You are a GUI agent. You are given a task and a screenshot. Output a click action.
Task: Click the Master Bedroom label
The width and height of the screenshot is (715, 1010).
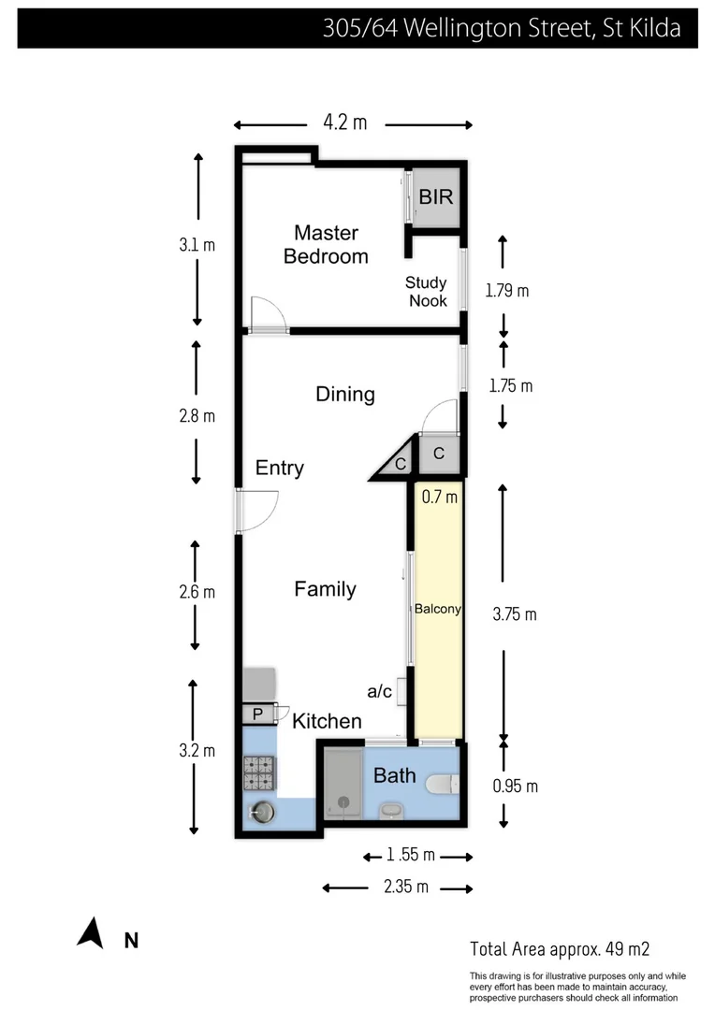(326, 244)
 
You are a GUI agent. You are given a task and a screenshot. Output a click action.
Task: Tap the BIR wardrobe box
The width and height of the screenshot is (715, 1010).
(436, 197)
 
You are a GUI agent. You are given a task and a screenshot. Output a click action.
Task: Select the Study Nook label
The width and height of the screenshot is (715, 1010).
(427, 291)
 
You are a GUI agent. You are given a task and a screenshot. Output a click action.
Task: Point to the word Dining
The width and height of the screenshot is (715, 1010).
(344, 394)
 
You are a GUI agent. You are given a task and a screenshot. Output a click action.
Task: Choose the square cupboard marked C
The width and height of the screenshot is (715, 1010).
(438, 455)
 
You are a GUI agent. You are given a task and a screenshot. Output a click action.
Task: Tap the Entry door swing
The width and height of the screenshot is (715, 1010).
(257, 510)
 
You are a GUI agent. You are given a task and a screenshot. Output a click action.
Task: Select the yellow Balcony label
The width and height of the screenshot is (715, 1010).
(438, 609)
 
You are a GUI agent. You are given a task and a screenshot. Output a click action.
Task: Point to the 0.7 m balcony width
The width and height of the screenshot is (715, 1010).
(439, 498)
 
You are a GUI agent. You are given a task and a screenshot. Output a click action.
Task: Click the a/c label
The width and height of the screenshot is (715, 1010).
(379, 691)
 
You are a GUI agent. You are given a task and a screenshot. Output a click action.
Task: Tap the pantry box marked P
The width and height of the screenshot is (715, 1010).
(257, 715)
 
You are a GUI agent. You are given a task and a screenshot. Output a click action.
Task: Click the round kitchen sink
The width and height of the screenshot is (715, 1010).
(261, 813)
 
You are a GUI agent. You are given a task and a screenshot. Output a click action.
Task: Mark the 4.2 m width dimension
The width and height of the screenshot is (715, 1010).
(345, 123)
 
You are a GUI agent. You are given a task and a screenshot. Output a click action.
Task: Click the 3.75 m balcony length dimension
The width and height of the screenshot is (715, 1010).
(514, 614)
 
